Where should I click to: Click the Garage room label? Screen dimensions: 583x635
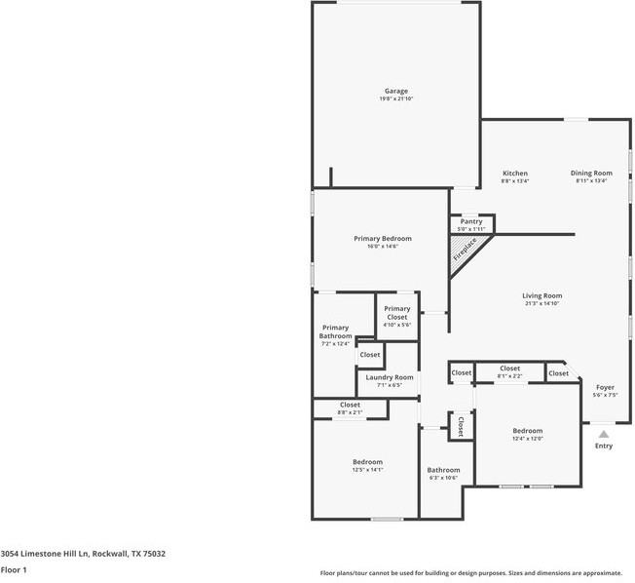pyautogui.click(x=395, y=91)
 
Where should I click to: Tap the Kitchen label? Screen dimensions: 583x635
pyautogui.click(x=514, y=174)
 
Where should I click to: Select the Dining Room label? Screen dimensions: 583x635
pyautogui.click(x=591, y=174)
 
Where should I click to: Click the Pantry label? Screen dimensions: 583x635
pyautogui.click(x=471, y=221)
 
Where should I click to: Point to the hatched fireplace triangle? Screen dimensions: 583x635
pyautogui.click(x=465, y=250)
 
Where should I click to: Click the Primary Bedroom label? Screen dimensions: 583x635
pyautogui.click(x=382, y=239)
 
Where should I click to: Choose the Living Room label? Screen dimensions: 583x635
pyautogui.click(x=542, y=296)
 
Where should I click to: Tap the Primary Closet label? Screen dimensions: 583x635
pyautogui.click(x=396, y=313)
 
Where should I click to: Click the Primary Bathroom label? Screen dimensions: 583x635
pyautogui.click(x=335, y=331)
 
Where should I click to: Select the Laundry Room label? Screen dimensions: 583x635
pyautogui.click(x=389, y=377)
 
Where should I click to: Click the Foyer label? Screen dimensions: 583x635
pyautogui.click(x=605, y=387)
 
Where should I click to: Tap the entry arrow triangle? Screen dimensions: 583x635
pyautogui.click(x=604, y=434)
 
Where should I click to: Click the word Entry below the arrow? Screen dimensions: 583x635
pyautogui.click(x=604, y=447)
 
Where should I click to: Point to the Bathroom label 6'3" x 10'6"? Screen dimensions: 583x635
pyautogui.click(x=443, y=470)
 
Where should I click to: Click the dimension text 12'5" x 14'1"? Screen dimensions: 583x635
pyautogui.click(x=367, y=470)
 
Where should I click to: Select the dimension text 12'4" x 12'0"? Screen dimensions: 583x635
pyautogui.click(x=528, y=439)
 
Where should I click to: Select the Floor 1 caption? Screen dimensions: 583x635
pyautogui.click(x=14, y=569)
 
